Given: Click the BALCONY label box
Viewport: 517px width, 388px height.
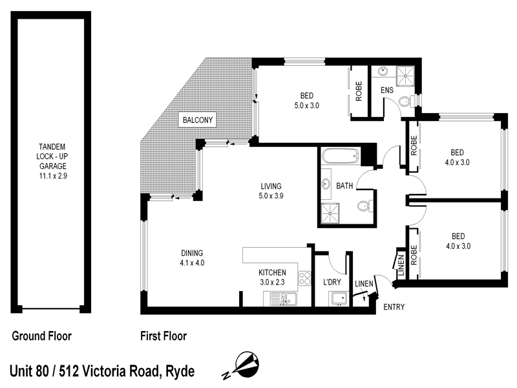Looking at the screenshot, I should click(198, 120).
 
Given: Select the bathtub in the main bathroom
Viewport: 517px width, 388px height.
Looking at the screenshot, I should click(339, 156).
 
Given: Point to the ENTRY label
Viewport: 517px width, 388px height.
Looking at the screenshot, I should click(394, 307).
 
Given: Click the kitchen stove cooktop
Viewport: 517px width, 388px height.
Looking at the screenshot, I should click(303, 279).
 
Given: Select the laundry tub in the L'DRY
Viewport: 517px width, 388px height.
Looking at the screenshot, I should click(339, 298).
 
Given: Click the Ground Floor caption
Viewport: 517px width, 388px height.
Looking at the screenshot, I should click(41, 336).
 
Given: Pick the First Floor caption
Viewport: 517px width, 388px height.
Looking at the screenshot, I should click(164, 336).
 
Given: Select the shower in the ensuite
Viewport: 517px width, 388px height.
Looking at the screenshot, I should click(407, 73).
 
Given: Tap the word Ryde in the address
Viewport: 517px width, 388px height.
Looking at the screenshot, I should click(180, 371).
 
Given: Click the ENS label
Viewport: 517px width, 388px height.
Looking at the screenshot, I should click(387, 91).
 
